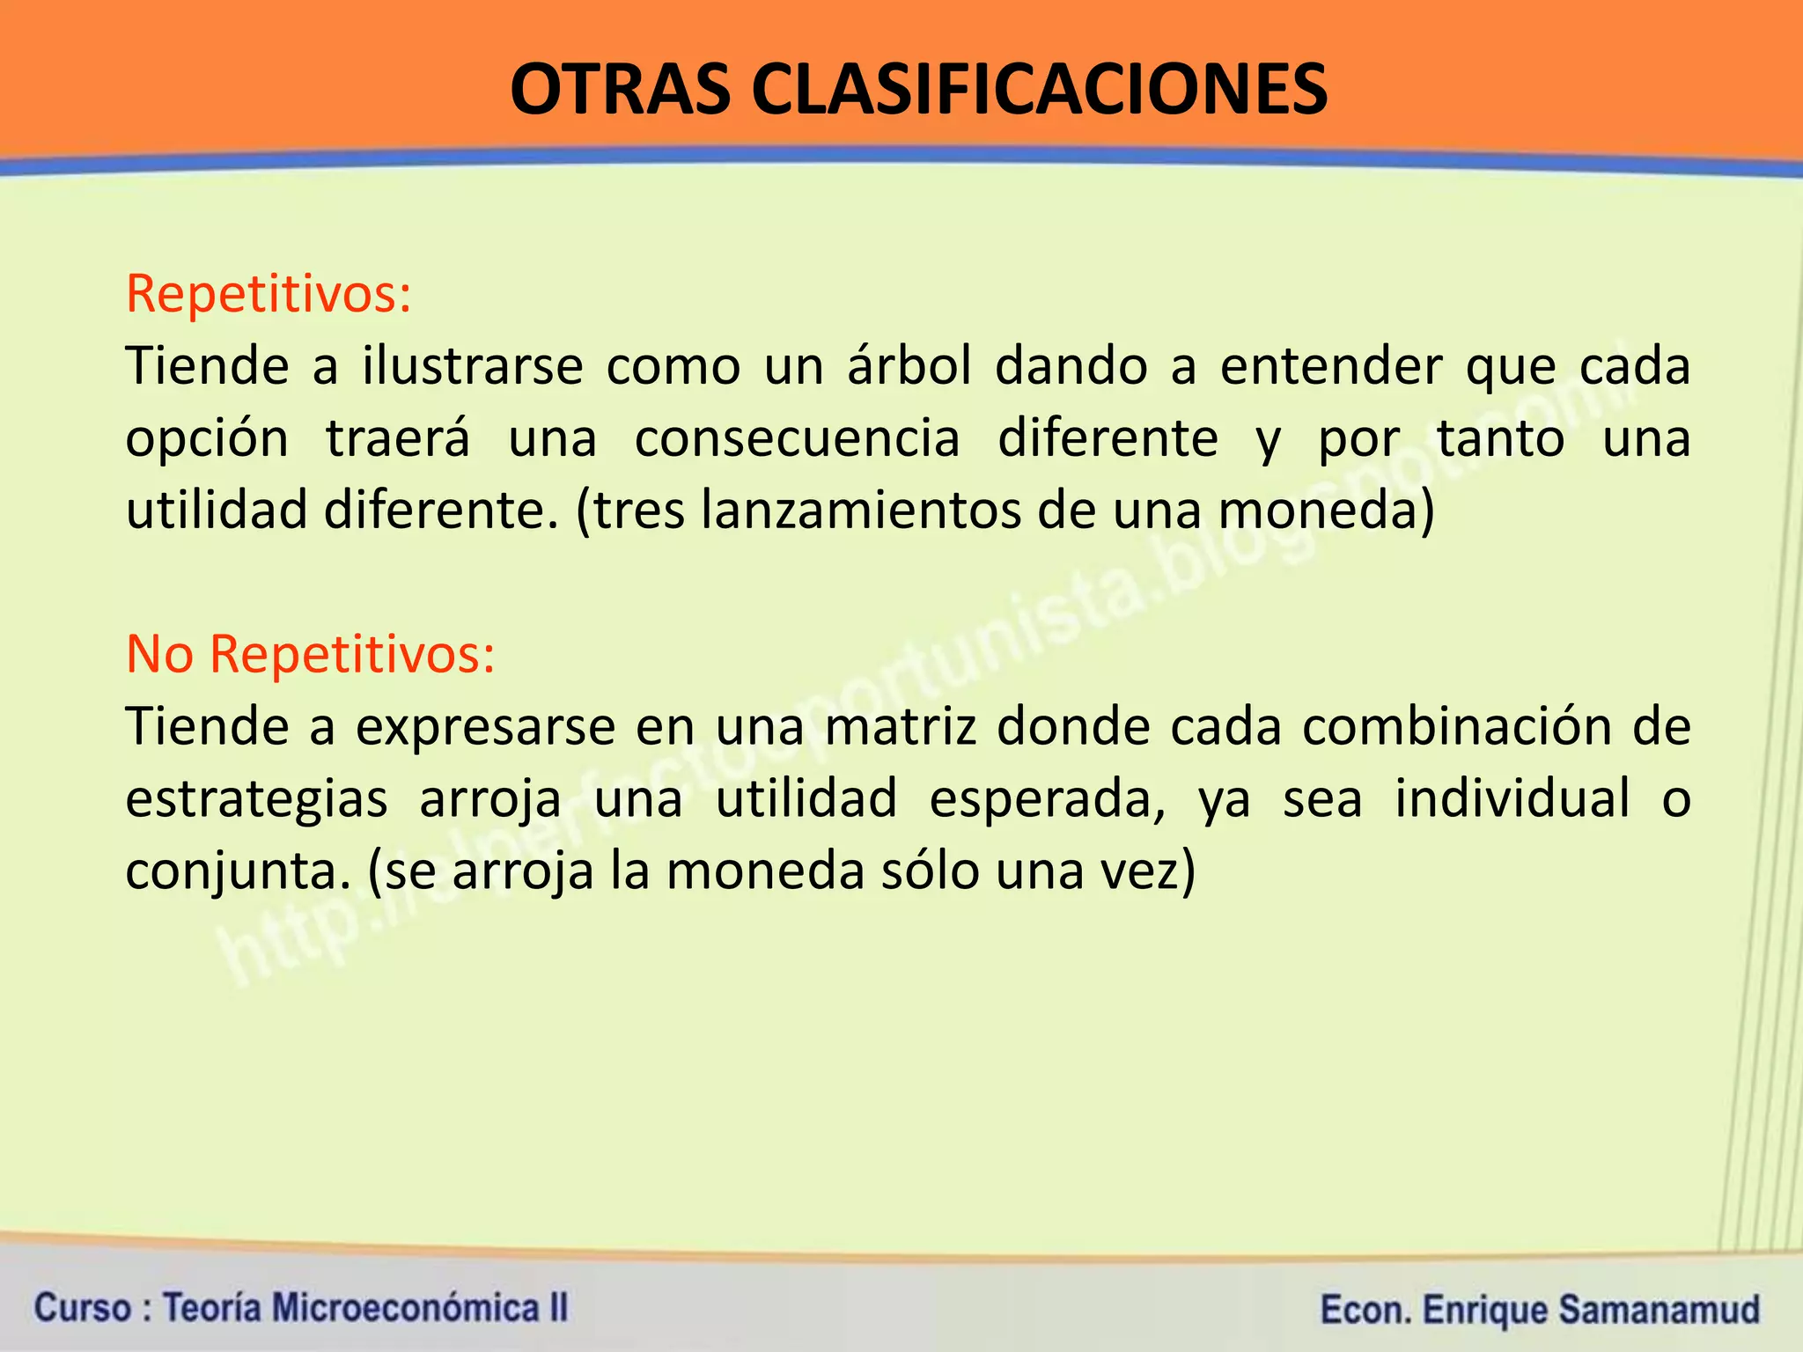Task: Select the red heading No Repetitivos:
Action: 310,654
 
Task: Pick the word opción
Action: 207,439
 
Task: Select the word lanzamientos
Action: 859,511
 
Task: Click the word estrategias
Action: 256,800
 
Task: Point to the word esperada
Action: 1047,798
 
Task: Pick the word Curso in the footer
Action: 83,1307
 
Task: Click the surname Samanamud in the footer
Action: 1659,1309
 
